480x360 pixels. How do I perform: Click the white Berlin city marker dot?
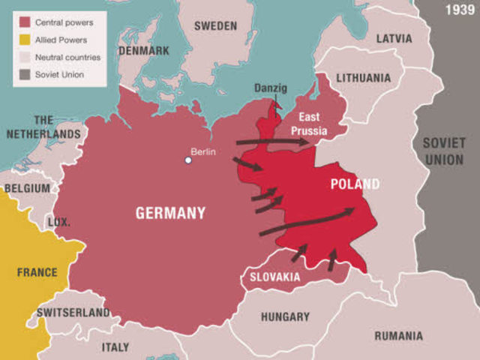coord(188,160)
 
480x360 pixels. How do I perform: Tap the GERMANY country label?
coord(170,213)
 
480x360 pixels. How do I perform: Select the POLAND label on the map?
coord(355,184)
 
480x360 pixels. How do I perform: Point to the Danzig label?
coord(271,88)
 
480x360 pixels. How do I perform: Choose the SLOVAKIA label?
coord(274,277)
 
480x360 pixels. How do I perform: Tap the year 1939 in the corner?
coord(459,10)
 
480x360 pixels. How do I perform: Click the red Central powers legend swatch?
coord(24,23)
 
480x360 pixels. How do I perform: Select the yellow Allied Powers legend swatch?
coord(24,40)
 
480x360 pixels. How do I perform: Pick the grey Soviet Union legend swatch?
coord(24,74)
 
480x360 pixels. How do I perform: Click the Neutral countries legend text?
coord(67,57)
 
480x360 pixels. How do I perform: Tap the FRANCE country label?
coord(36,272)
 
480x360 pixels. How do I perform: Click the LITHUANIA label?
coord(363,78)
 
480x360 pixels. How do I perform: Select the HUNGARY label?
coord(285,316)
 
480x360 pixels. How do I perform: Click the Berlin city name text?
coord(203,151)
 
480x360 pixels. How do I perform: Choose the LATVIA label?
coord(394,38)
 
